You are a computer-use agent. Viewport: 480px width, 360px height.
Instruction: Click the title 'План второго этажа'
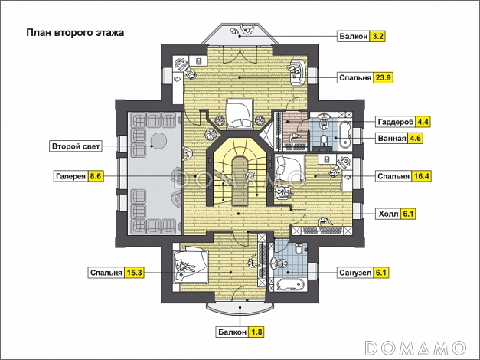[75, 33]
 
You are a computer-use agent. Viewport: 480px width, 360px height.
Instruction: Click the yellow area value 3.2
[377, 35]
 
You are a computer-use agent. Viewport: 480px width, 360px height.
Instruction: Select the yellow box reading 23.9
[384, 77]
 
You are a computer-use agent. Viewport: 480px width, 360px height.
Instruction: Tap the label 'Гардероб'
[396, 122]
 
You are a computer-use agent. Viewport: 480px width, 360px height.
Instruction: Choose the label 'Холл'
[390, 214]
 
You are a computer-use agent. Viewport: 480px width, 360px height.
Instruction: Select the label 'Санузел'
[355, 272]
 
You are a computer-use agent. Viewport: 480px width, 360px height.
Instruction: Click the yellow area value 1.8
[257, 332]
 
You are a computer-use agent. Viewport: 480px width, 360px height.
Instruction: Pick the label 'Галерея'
[70, 176]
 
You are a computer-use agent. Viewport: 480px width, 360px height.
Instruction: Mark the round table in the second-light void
[160, 139]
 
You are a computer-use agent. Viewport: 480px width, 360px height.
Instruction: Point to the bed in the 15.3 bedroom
[187, 265]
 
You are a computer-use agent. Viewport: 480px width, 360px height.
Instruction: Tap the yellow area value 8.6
[96, 176]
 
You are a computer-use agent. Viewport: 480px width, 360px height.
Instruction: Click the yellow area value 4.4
[423, 122]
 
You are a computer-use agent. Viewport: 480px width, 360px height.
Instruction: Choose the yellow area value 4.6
[415, 139]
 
